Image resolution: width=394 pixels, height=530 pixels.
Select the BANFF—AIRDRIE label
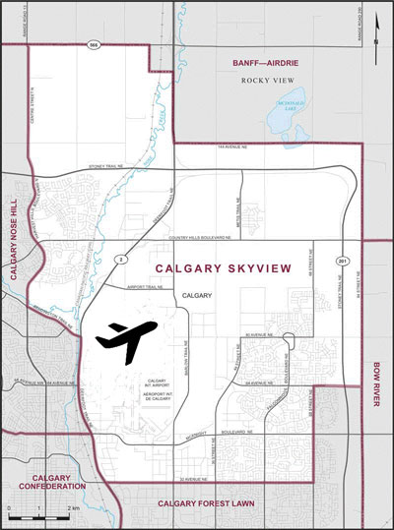[x=265, y=62]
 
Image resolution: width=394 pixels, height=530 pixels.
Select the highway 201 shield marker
[x=340, y=261]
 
